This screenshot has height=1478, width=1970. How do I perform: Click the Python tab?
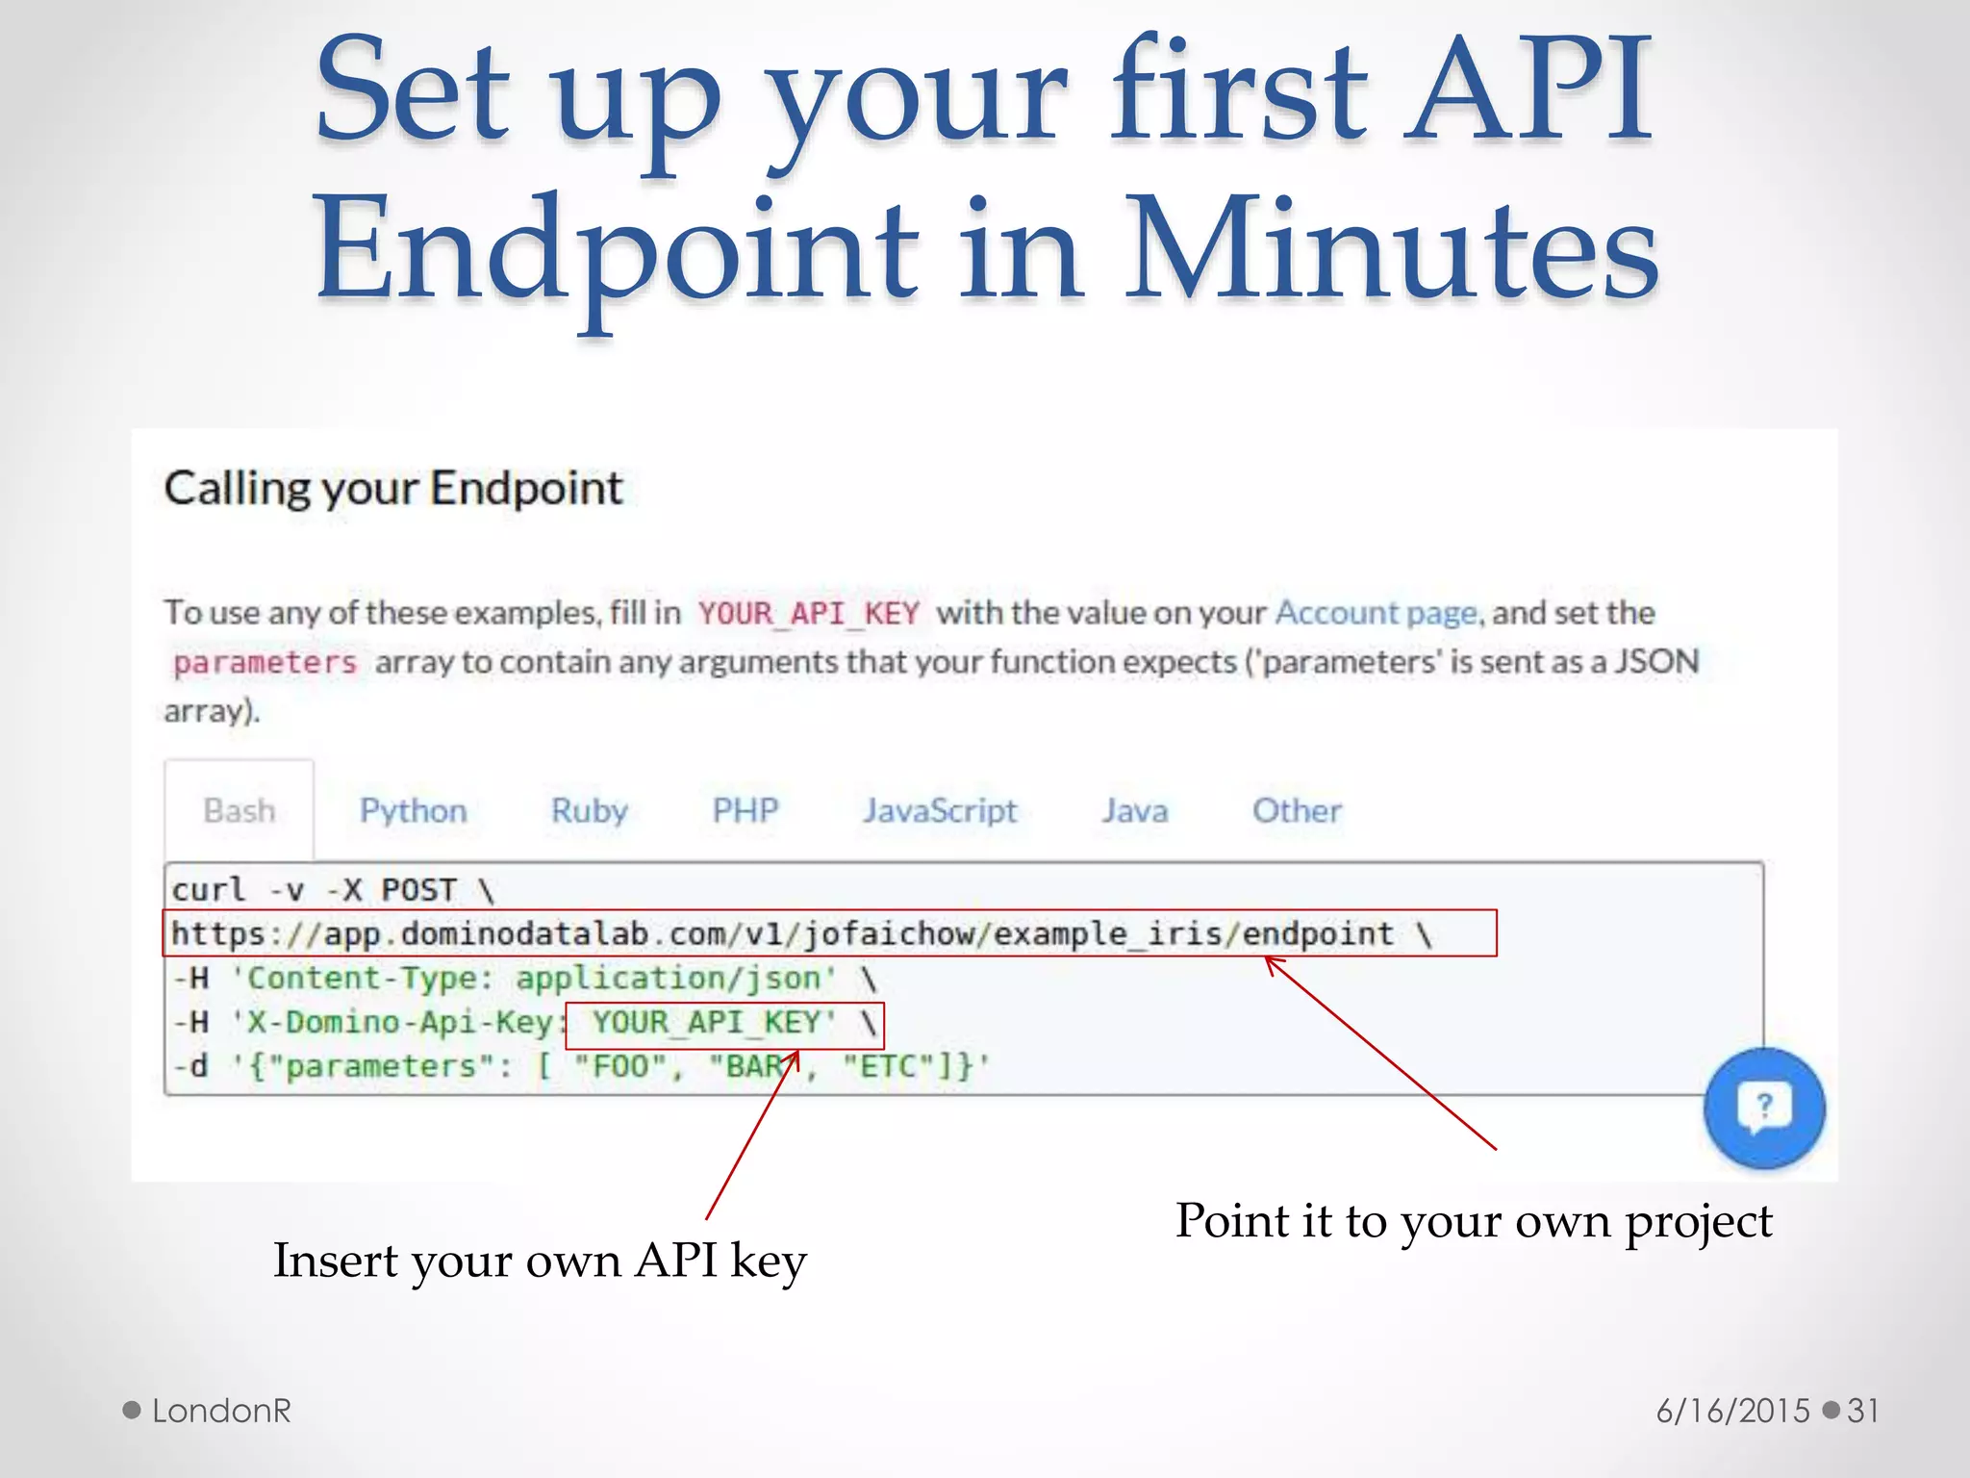tap(413, 811)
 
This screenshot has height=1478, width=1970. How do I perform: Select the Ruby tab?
tap(589, 811)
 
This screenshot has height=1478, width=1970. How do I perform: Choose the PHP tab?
tap(745, 810)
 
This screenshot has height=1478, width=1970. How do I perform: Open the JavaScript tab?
tap(939, 811)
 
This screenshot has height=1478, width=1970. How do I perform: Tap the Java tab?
tap(1134, 811)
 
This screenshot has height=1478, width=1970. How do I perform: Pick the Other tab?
tap(1296, 811)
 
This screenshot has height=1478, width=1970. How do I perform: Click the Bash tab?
tap(239, 811)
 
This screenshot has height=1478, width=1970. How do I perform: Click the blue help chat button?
tap(1763, 1108)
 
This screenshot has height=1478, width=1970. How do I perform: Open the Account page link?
tap(1376, 613)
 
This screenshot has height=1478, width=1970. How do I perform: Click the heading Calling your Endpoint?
tap(393, 488)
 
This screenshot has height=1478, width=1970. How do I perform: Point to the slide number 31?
tap(1862, 1411)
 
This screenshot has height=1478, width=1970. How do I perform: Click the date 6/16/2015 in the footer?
tap(1732, 1411)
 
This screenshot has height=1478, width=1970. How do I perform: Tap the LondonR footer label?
tap(221, 1411)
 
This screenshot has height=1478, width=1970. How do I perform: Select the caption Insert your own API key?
tap(540, 1261)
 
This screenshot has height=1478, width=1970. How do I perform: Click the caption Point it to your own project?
tap(1473, 1221)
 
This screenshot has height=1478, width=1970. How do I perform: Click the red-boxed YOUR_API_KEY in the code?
tap(712, 1022)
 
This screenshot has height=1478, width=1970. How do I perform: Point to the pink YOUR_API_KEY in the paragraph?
tap(808, 613)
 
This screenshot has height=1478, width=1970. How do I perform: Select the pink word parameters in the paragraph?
tap(265, 663)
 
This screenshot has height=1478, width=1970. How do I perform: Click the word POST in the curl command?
tap(418, 890)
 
